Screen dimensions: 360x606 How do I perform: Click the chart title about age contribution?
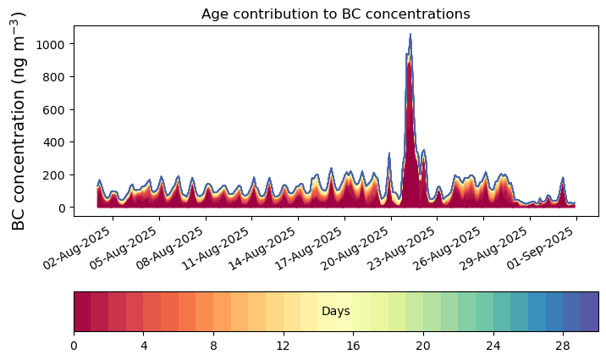(335, 14)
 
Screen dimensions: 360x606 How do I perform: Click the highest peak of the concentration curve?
(410, 35)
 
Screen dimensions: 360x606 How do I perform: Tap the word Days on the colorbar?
(336, 312)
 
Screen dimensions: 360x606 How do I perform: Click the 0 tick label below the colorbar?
(74, 346)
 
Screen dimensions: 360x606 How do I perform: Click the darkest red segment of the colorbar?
(82, 312)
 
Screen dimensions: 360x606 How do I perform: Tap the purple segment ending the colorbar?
(590, 312)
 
